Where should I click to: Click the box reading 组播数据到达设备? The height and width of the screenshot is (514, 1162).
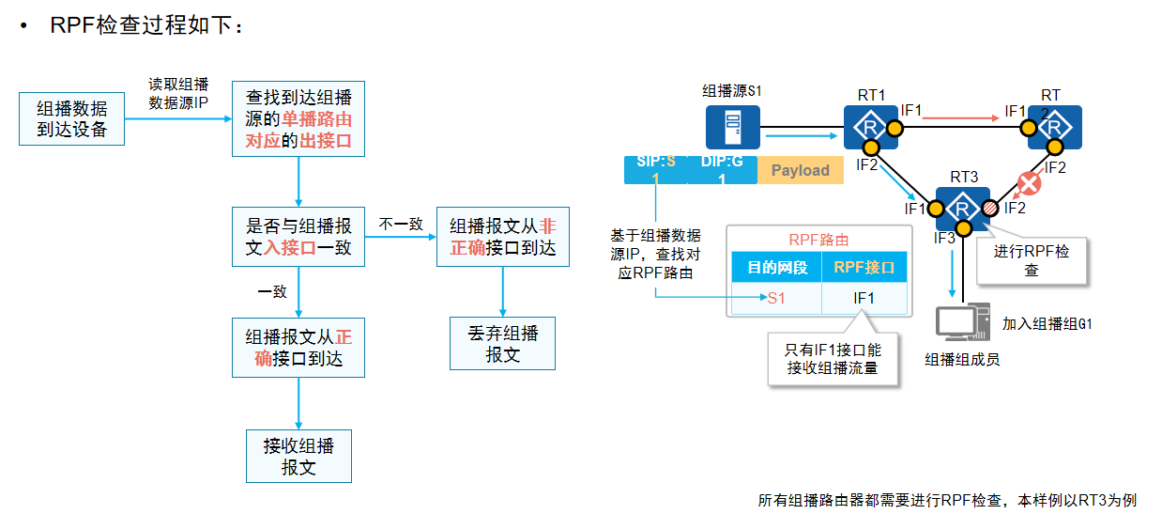click(x=71, y=118)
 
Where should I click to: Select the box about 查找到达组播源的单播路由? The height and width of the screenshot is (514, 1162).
click(x=298, y=118)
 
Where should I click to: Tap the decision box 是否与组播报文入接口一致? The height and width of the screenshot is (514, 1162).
click(x=298, y=237)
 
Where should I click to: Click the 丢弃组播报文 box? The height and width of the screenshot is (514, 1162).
click(x=503, y=343)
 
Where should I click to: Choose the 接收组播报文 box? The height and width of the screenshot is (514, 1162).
click(x=298, y=456)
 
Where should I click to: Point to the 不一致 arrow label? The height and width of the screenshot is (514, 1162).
click(x=401, y=225)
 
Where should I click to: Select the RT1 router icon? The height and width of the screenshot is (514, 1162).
click(x=870, y=127)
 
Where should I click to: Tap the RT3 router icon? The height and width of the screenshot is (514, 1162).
click(x=963, y=208)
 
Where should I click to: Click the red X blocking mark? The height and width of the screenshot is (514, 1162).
click(x=1029, y=184)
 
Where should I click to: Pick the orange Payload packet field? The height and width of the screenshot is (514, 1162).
click(x=800, y=170)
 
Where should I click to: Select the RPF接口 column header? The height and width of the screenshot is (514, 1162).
click(x=864, y=268)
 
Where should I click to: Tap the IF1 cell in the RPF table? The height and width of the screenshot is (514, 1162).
click(x=864, y=298)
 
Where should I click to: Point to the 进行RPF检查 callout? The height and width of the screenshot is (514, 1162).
click(x=1031, y=260)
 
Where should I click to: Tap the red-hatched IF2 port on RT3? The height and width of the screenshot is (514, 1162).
click(x=989, y=209)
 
